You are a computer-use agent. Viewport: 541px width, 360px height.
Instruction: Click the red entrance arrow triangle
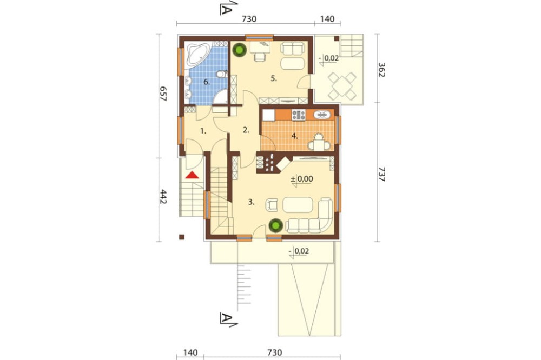pyautogui.click(x=192, y=175)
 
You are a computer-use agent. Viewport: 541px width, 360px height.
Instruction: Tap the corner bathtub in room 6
pyautogui.click(x=196, y=55)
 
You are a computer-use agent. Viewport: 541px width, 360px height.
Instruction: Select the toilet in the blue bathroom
pyautogui.click(x=221, y=74)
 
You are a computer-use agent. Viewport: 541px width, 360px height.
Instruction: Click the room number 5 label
pyautogui.click(x=274, y=78)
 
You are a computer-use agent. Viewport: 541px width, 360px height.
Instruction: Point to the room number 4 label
pyautogui.click(x=294, y=136)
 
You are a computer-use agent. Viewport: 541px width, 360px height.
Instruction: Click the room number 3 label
pyautogui.click(x=252, y=202)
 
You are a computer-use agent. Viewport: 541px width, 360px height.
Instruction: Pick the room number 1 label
pyautogui.click(x=203, y=131)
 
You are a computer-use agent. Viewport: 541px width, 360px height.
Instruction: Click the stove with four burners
pyautogui.click(x=299, y=115)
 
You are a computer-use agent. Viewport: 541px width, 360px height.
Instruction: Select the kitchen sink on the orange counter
pyautogui.click(x=322, y=115)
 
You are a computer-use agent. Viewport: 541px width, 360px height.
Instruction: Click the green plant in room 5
pyautogui.click(x=239, y=50)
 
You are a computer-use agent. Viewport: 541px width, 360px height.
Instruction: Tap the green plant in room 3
pyautogui.click(x=276, y=225)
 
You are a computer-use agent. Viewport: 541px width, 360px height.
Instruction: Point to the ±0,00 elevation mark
pyautogui.click(x=302, y=179)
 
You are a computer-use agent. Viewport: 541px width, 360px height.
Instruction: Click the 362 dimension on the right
pyautogui.click(x=382, y=70)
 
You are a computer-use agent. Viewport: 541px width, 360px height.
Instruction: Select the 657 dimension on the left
pyautogui.click(x=163, y=93)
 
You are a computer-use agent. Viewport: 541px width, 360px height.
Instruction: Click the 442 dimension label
pyautogui.click(x=163, y=197)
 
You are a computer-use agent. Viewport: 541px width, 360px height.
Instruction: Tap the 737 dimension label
pyautogui.click(x=382, y=174)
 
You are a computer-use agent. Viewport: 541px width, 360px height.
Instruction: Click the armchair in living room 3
pyautogui.click(x=272, y=205)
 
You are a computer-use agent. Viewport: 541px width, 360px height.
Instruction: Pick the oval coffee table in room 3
pyautogui.click(x=298, y=204)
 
